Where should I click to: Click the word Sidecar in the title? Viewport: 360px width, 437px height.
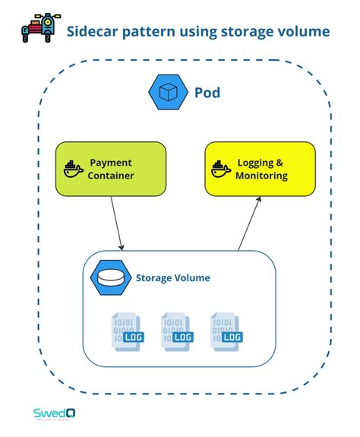coord(93,31)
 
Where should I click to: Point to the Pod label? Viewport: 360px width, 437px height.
coord(207,93)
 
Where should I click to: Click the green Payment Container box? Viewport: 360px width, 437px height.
coord(110,169)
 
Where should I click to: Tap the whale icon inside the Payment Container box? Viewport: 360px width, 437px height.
coord(73,169)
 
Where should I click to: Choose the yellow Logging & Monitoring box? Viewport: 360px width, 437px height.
coord(259,169)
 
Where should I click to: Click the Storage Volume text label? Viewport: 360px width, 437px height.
coord(172,278)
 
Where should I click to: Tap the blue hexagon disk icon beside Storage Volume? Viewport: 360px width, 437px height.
coord(112,278)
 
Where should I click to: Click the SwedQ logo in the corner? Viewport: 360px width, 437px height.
coord(53,413)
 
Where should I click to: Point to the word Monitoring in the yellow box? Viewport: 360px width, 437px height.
coord(261,176)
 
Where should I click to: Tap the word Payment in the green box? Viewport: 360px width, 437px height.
coord(111,162)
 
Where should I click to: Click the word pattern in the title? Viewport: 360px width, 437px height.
coord(148,31)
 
